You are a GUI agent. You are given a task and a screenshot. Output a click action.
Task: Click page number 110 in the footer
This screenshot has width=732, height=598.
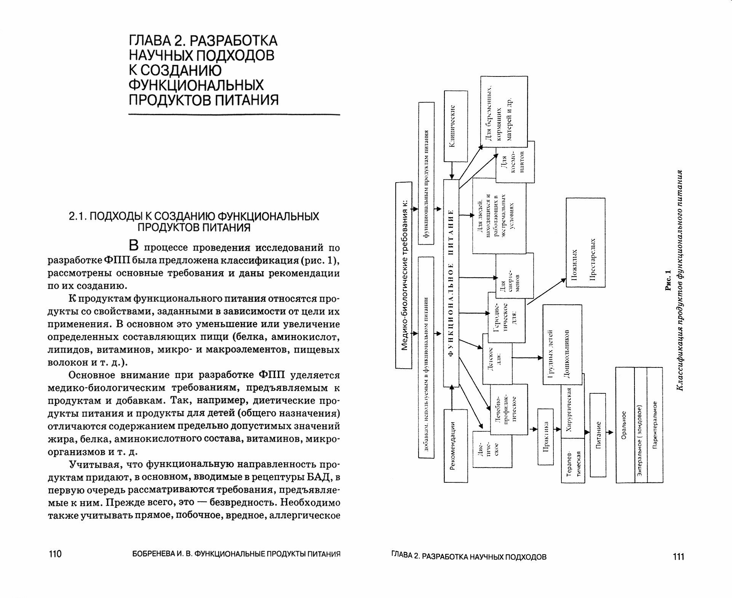coord(55,554)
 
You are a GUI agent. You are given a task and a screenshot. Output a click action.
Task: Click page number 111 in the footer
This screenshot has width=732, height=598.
coord(678,557)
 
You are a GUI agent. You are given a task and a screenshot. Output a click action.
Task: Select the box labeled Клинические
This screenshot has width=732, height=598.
coord(456,126)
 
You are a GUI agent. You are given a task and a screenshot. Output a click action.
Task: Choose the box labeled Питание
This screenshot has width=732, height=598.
coord(598,435)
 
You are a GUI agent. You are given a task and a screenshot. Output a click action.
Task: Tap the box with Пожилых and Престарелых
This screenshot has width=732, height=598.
coord(585,242)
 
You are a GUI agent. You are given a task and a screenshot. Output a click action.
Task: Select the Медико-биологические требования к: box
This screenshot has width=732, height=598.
coord(404,275)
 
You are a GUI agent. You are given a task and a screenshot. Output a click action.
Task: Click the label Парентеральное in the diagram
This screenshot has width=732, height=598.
coord(655,425)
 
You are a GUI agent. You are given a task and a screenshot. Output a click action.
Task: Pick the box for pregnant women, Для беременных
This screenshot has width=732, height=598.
coord(503,111)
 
